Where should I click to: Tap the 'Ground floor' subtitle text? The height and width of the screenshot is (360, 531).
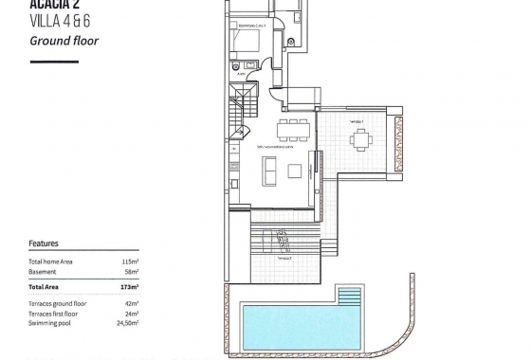64,41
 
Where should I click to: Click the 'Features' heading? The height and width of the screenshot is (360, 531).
44,243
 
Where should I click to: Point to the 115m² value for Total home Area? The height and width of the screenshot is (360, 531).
130,261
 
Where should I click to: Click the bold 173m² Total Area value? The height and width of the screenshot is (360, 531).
130,286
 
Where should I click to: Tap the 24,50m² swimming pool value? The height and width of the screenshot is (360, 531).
127,323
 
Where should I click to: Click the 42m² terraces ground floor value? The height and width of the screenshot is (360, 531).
132,302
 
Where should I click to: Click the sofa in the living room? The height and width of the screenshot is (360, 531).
269,171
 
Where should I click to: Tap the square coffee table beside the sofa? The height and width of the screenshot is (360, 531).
295,171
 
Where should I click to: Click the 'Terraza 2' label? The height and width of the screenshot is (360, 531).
284,258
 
